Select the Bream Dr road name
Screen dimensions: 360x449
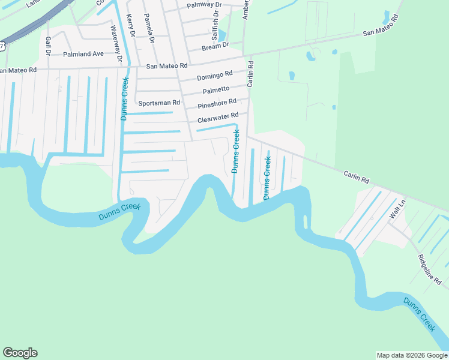216,45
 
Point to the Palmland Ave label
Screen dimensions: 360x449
83,54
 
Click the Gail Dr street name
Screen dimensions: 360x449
47,45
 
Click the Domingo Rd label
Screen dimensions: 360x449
214,76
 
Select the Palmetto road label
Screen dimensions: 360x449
215,89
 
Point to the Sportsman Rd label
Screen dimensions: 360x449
159,103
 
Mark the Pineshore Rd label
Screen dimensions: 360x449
217,104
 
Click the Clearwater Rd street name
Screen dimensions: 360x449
218,116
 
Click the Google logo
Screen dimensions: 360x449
20,353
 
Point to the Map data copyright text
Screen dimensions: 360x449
412,355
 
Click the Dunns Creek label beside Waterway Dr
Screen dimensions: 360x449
125,98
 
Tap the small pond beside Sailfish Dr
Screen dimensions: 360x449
221,36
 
